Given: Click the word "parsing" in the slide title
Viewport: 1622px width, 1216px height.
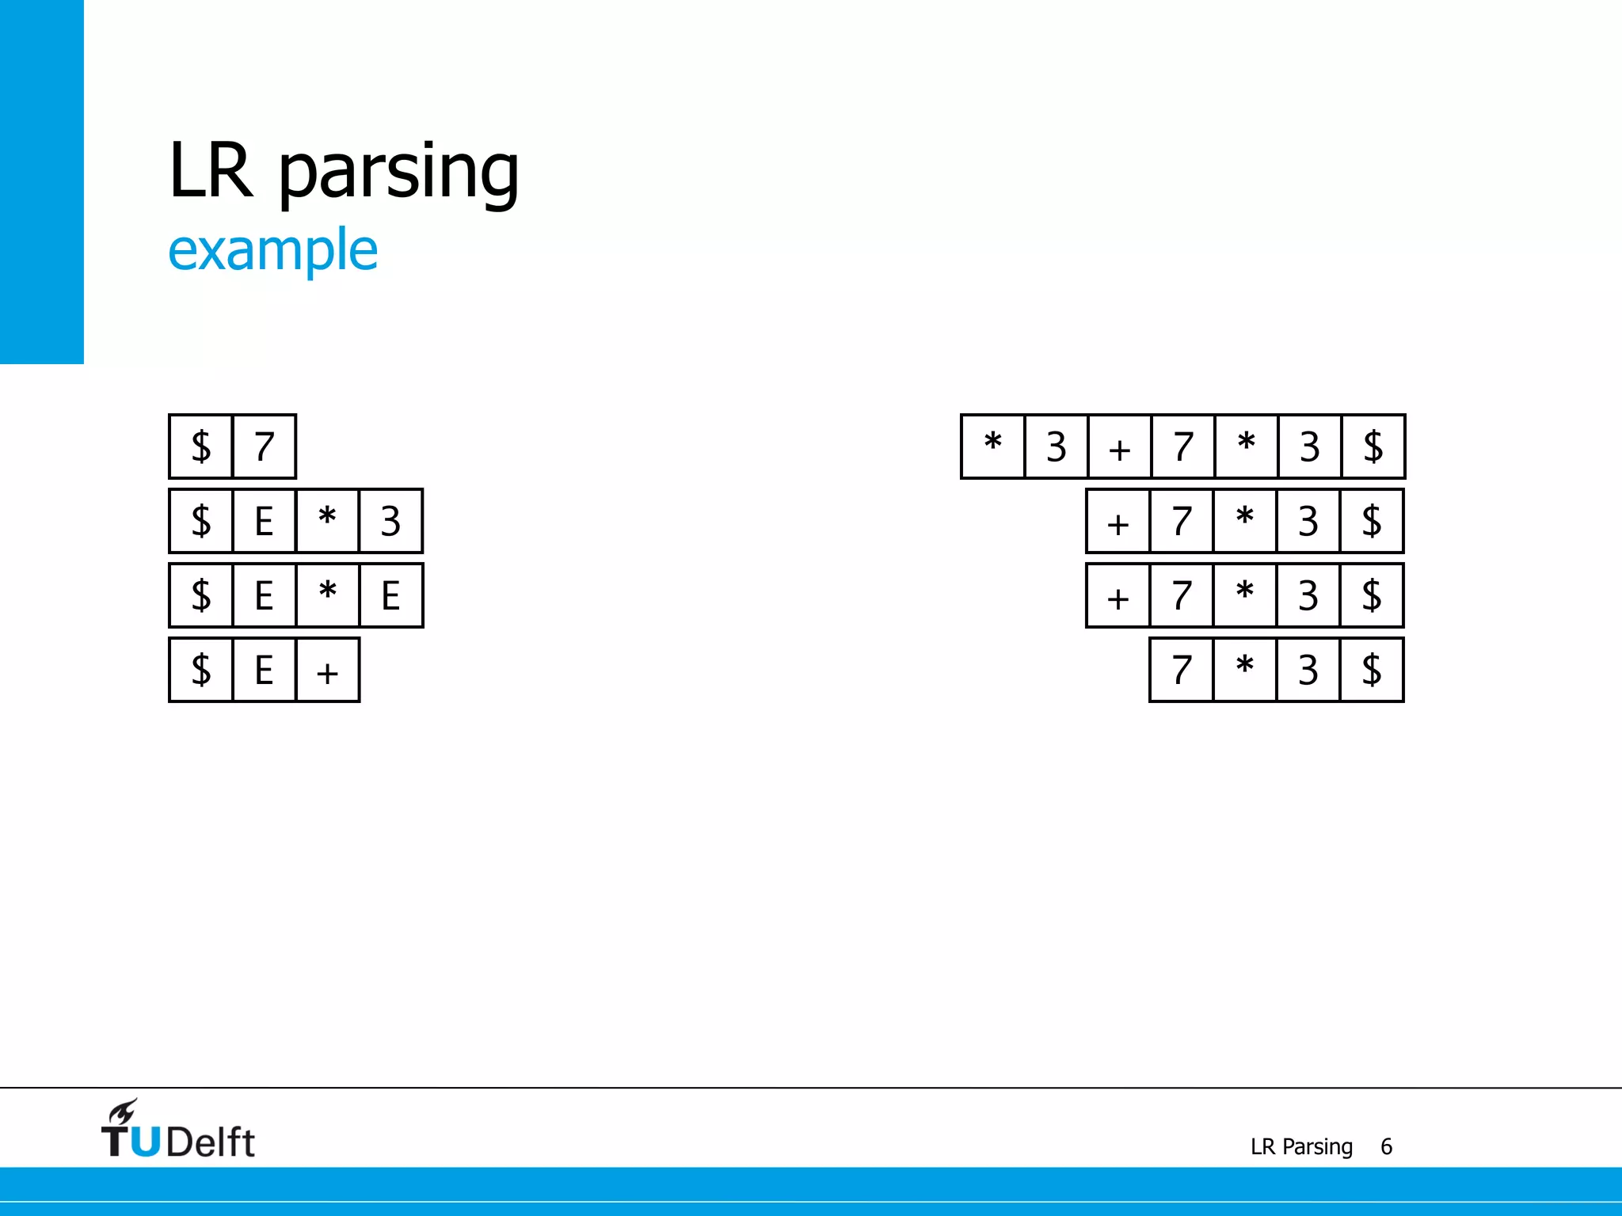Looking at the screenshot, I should [x=398, y=172].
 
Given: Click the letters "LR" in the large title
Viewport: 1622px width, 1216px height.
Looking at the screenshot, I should [x=211, y=172].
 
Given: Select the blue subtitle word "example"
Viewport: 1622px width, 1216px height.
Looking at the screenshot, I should [x=272, y=250].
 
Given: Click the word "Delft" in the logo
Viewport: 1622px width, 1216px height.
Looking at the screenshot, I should [x=211, y=1142].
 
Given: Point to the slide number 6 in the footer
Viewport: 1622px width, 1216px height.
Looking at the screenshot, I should [x=1386, y=1146].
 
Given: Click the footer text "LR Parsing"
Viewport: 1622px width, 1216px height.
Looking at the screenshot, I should [x=1301, y=1146].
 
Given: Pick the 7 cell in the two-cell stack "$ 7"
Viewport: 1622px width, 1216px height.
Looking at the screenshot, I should [x=265, y=446].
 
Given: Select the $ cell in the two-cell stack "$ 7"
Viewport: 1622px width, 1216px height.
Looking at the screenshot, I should [x=201, y=446].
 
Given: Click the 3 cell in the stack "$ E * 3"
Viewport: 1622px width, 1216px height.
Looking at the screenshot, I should [x=390, y=521].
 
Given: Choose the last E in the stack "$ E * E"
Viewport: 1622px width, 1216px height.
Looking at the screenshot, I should [x=390, y=595].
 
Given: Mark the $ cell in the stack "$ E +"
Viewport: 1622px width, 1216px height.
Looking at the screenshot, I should [x=201, y=670].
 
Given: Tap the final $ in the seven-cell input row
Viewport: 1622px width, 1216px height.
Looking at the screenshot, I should [x=1373, y=446].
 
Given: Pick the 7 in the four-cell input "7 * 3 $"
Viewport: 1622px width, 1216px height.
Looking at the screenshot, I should [x=1182, y=670].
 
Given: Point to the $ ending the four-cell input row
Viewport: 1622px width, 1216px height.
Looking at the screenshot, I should [x=1372, y=670].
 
